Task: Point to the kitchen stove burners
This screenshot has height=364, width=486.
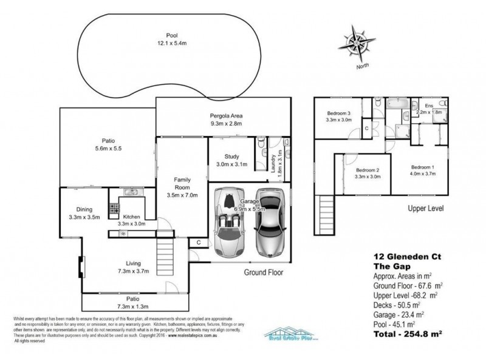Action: [x=113, y=210]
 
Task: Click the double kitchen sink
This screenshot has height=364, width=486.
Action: [x=130, y=193]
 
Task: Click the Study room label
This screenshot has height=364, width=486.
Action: [x=231, y=155]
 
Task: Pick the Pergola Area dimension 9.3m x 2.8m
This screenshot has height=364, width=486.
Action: [x=222, y=124]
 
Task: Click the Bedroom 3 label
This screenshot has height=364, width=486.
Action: [x=339, y=113]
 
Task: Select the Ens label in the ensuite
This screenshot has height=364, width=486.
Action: [x=430, y=106]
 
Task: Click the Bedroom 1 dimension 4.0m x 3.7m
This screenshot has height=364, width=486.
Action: [x=423, y=174]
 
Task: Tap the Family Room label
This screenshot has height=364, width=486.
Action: [x=183, y=181]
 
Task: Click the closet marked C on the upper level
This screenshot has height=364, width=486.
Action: [x=367, y=128]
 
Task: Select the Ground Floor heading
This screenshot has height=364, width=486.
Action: [x=264, y=272]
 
